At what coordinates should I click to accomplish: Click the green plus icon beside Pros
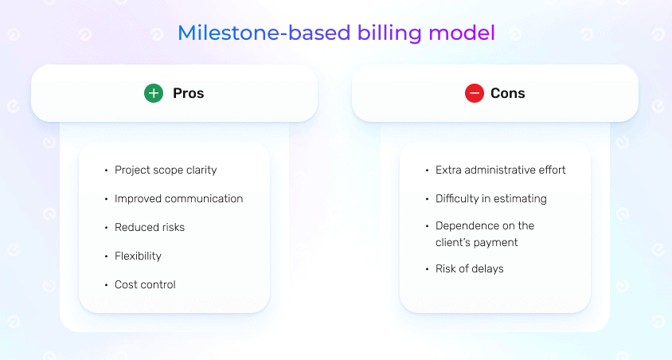click(x=154, y=93)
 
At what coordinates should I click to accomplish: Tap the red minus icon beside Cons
click(x=475, y=93)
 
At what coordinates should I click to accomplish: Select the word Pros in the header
click(x=189, y=93)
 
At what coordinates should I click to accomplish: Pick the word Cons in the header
click(x=508, y=93)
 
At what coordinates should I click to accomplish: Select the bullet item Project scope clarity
click(x=166, y=170)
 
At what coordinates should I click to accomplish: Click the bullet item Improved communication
click(x=178, y=198)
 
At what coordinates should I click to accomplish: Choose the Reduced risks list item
click(x=150, y=227)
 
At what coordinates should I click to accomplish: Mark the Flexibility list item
click(x=138, y=256)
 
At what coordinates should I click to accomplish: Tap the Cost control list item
click(x=145, y=284)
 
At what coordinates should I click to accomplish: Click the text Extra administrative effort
click(x=501, y=170)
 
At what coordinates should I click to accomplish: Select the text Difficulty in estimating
click(x=491, y=198)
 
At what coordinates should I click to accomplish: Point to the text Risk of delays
click(x=470, y=268)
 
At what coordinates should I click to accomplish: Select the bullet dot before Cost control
click(x=105, y=285)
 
